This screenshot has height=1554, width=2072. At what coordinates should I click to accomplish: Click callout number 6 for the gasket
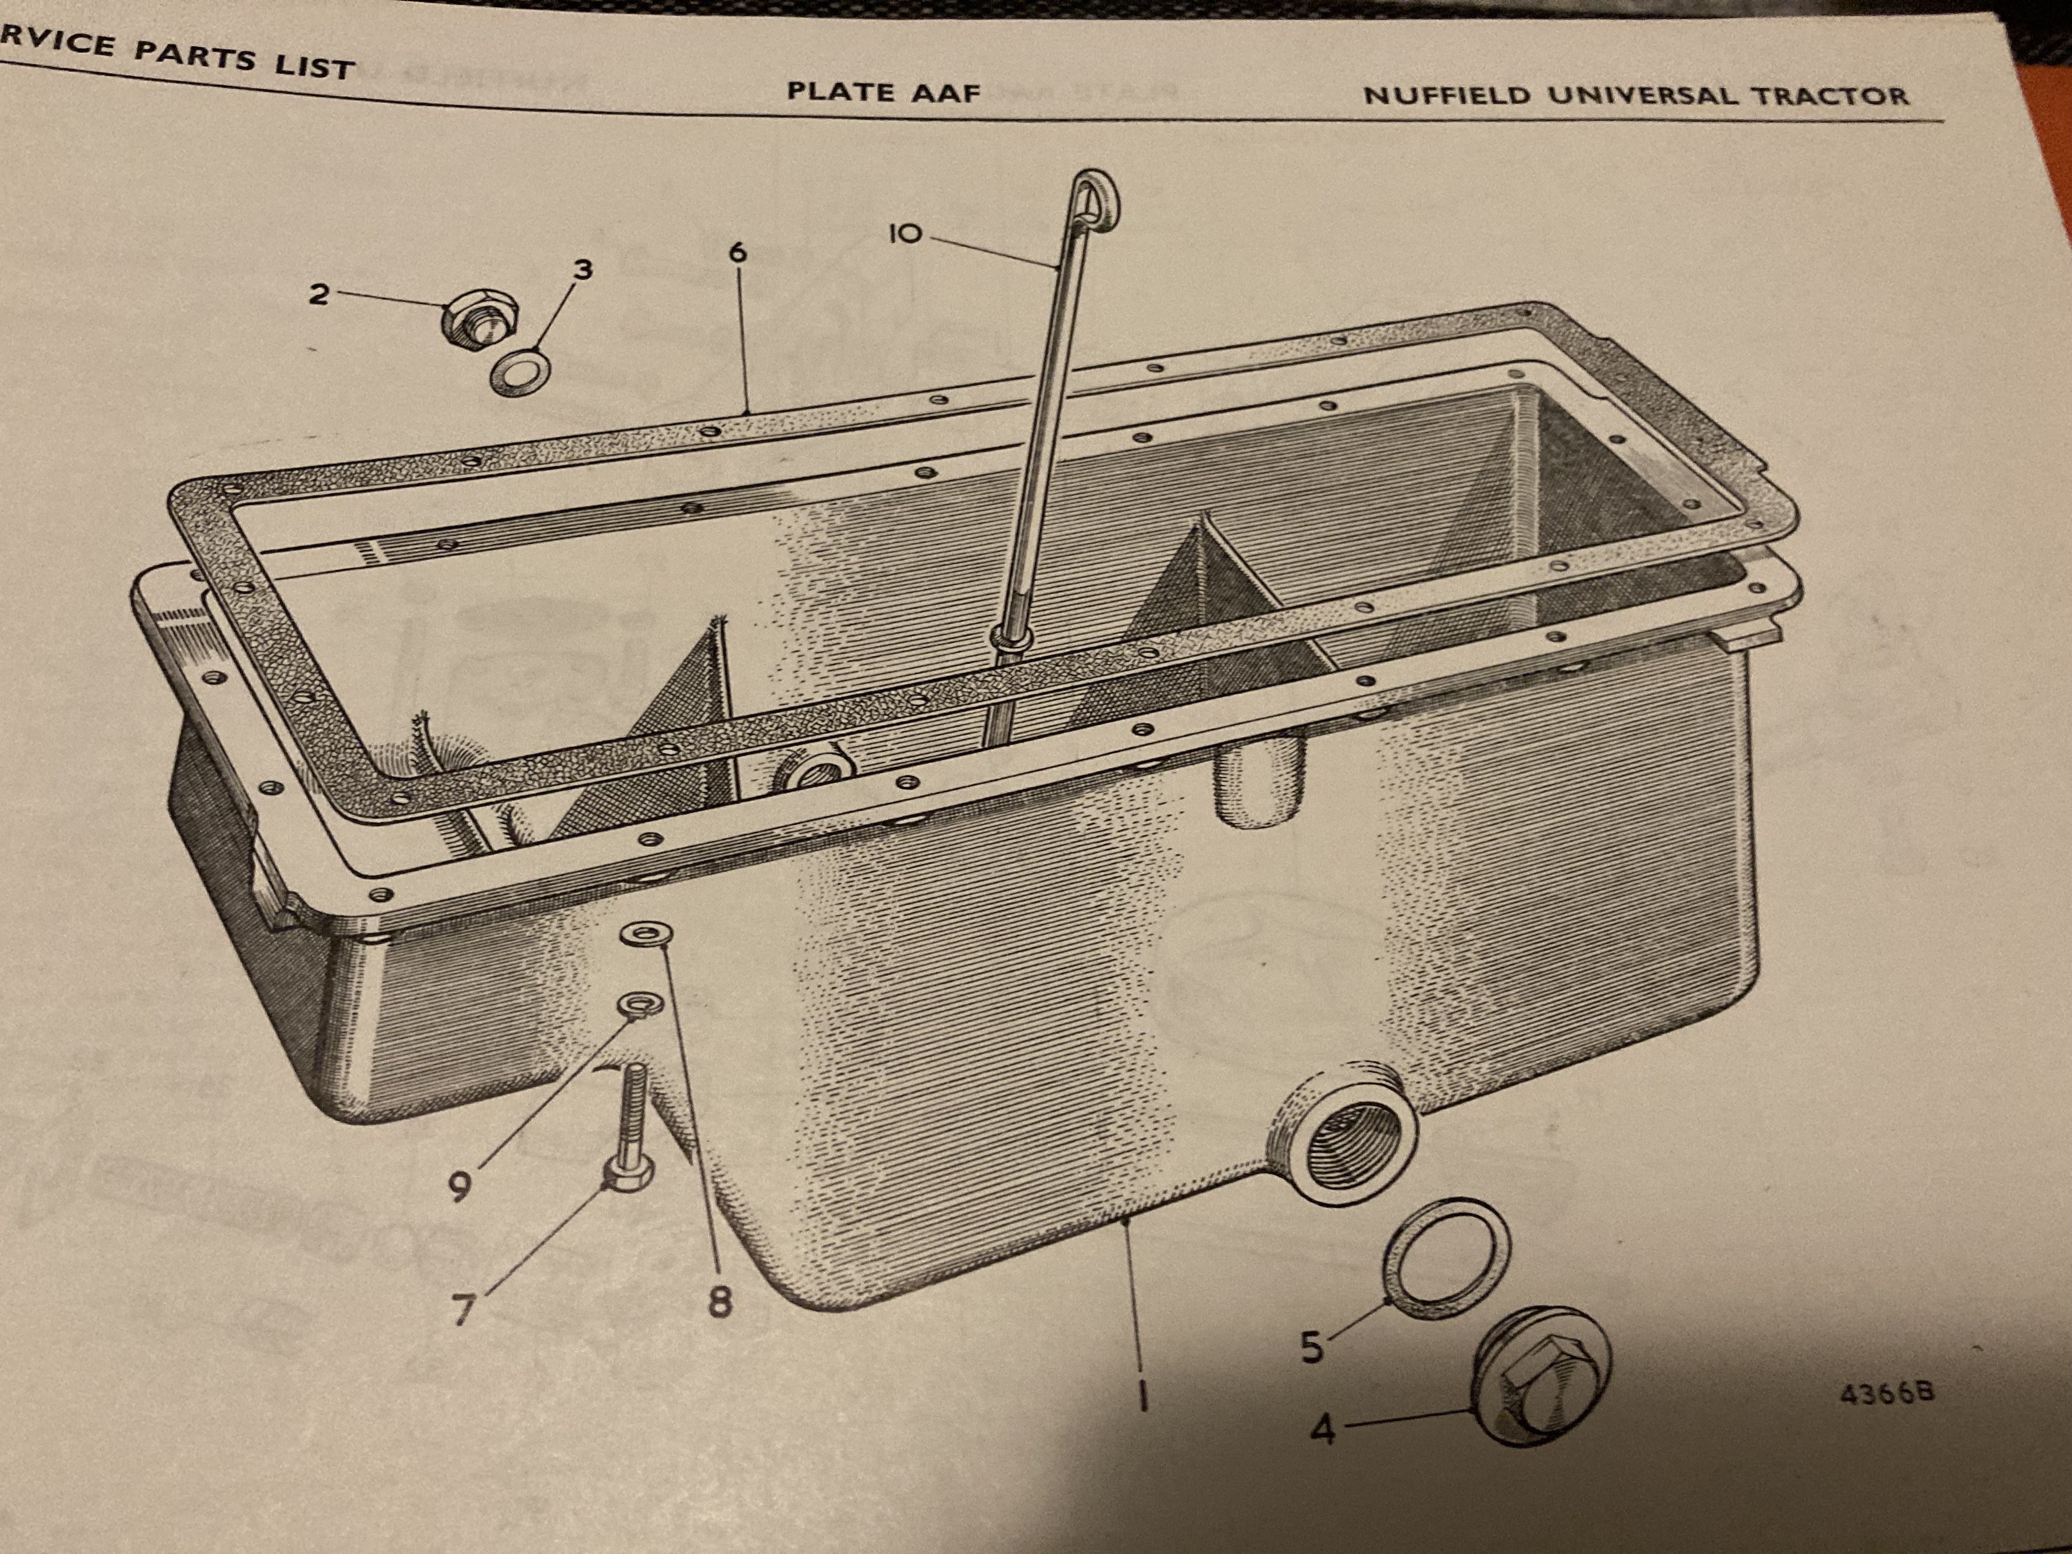tap(738, 252)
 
